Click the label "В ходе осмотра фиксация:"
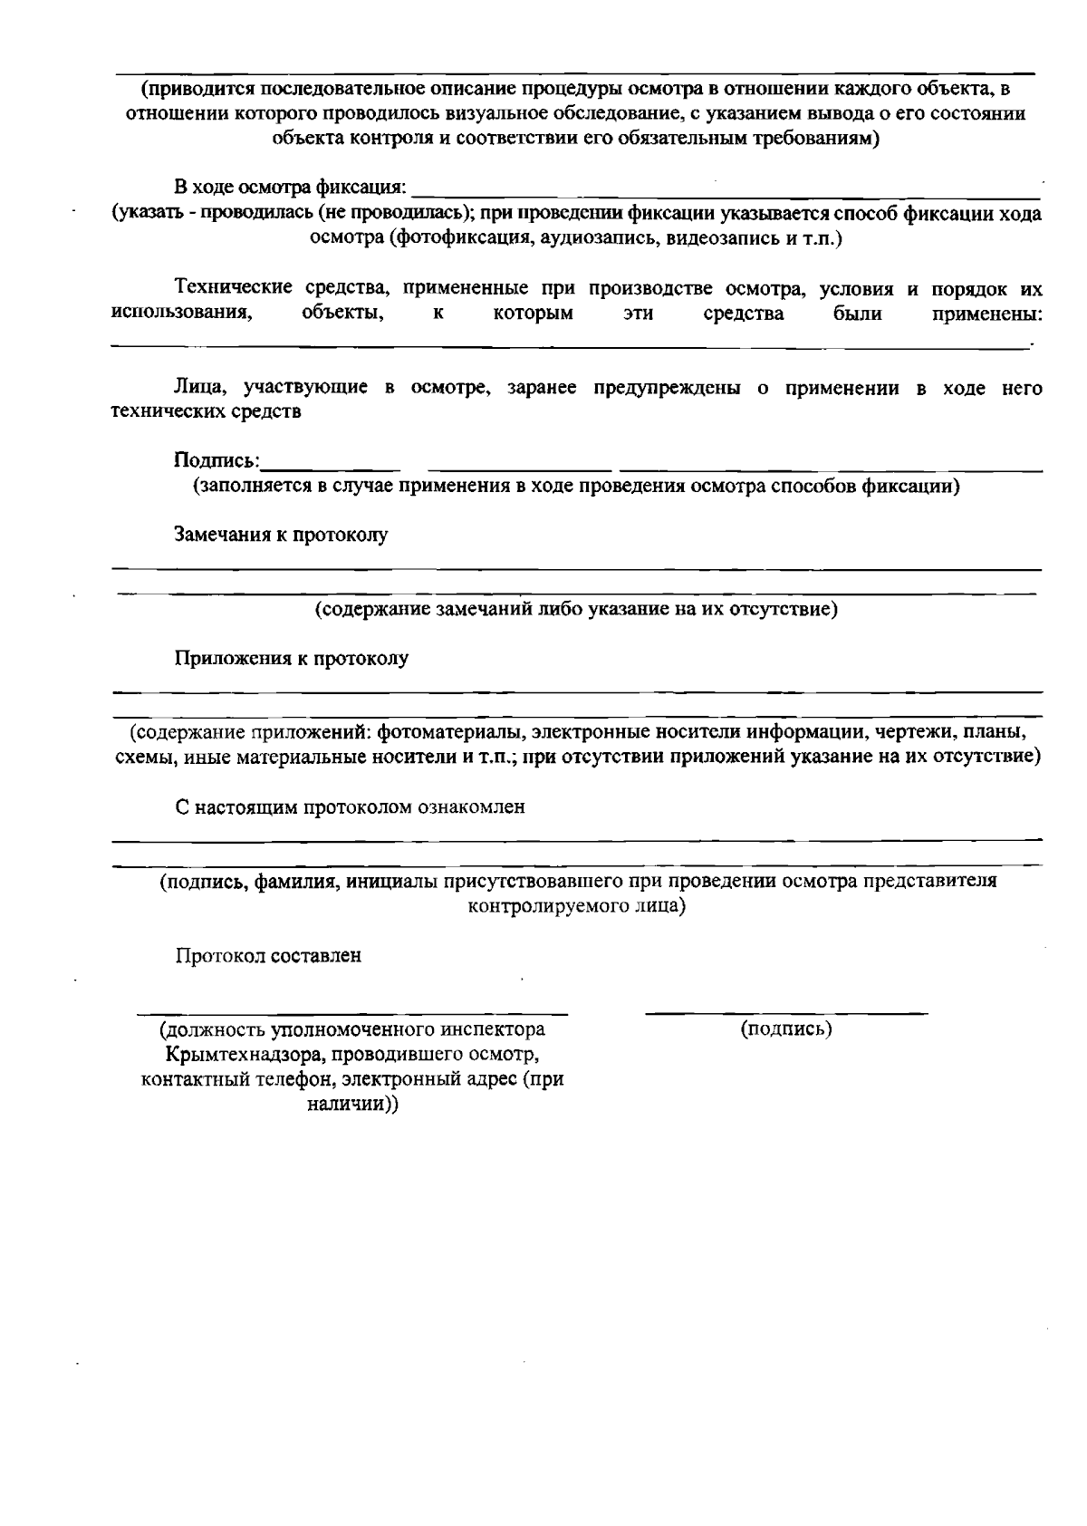291,188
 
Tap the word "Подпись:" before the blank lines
216,460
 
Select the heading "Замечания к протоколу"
281,535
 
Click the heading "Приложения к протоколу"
291,659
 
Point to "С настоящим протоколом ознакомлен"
350,806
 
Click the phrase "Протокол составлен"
268,955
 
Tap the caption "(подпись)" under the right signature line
786,1029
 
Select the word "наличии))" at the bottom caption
352,1105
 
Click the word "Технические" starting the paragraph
233,288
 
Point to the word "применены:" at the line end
986,314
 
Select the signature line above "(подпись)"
786,1011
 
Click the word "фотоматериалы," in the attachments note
451,732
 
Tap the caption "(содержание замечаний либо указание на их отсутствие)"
576,609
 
